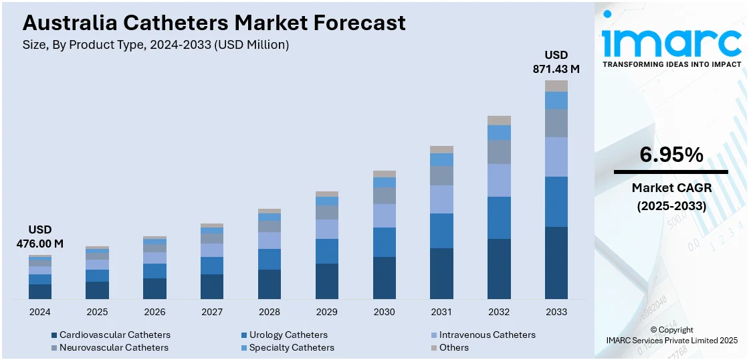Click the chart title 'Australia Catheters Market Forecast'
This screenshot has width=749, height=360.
214,23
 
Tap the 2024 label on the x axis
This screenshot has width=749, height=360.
40,312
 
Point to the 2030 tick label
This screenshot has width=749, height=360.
385,312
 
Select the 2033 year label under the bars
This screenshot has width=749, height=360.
556,312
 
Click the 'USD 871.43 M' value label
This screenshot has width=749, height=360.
556,62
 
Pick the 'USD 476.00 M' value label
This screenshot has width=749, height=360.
40,237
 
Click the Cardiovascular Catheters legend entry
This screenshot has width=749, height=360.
110,335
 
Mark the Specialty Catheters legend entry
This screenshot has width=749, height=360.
287,347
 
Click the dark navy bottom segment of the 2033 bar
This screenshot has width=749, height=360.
556,263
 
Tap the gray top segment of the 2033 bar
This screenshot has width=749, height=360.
556,86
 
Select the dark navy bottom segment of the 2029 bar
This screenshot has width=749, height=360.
327,281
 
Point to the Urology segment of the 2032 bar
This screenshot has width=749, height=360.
499,217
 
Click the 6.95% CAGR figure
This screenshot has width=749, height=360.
671,155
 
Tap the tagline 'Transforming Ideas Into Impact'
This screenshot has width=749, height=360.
671,64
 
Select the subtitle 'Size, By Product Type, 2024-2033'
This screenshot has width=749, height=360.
156,45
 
